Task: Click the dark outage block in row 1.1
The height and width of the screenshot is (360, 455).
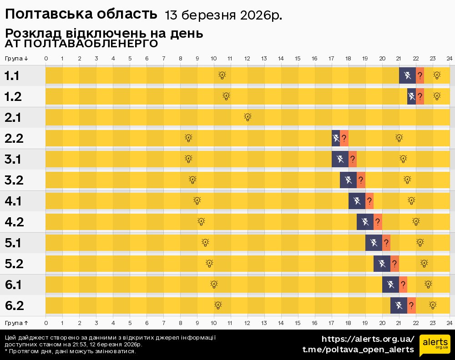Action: pyautogui.click(x=407, y=75)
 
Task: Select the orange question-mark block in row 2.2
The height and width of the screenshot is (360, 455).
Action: pyautogui.click(x=344, y=138)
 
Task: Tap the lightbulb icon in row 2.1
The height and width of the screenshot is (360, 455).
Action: pyautogui.click(x=248, y=117)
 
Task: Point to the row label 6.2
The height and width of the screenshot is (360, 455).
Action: pyautogui.click(x=14, y=306)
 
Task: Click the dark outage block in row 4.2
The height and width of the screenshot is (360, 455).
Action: pyautogui.click(x=365, y=222)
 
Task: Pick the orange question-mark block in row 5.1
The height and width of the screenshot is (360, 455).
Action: pyautogui.click(x=386, y=243)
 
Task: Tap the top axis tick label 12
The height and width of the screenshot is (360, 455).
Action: pyautogui.click(x=247, y=59)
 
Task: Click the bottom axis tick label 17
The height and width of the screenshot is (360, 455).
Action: pyautogui.click(x=331, y=323)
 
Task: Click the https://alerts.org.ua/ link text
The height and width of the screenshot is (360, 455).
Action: pyautogui.click(x=368, y=339)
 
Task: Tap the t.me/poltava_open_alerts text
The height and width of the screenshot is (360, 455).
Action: pyautogui.click(x=358, y=349)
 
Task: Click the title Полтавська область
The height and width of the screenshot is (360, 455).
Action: pyautogui.click(x=81, y=15)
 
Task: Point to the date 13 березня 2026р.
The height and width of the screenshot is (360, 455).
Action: pyautogui.click(x=223, y=15)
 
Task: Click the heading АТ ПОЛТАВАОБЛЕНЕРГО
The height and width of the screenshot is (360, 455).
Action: pyautogui.click(x=81, y=44)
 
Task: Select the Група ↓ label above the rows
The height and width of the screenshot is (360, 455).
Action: pyautogui.click(x=16, y=59)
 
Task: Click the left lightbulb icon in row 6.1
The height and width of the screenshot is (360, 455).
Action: pyautogui.click(x=214, y=285)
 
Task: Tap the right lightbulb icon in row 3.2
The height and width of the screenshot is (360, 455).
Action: pyautogui.click(x=407, y=180)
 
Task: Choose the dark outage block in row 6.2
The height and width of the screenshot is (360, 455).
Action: pyautogui.click(x=399, y=305)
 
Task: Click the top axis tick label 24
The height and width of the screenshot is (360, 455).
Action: pyautogui.click(x=449, y=59)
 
